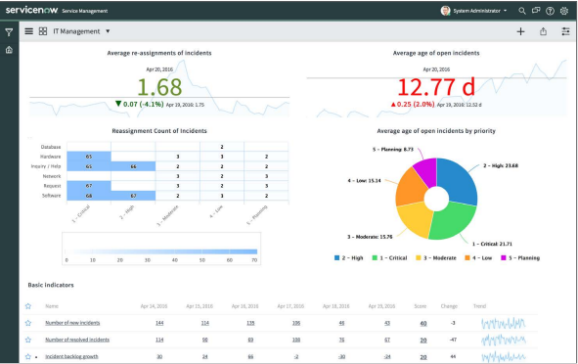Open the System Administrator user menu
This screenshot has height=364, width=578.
pos(474,11)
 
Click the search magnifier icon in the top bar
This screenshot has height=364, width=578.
pos(522,11)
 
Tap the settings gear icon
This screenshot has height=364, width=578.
pos(564,11)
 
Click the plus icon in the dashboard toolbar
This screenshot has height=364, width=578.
pos(520,31)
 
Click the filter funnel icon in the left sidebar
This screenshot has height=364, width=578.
pos(9,31)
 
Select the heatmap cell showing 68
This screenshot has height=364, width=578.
pos(89,196)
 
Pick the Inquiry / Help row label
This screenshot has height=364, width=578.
pos(45,166)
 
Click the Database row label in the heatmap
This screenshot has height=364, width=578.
pos(50,147)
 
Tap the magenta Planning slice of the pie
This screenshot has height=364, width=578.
pos(423,172)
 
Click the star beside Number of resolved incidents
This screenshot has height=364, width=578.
pos(28,339)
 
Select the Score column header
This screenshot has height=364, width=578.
pos(421,305)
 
